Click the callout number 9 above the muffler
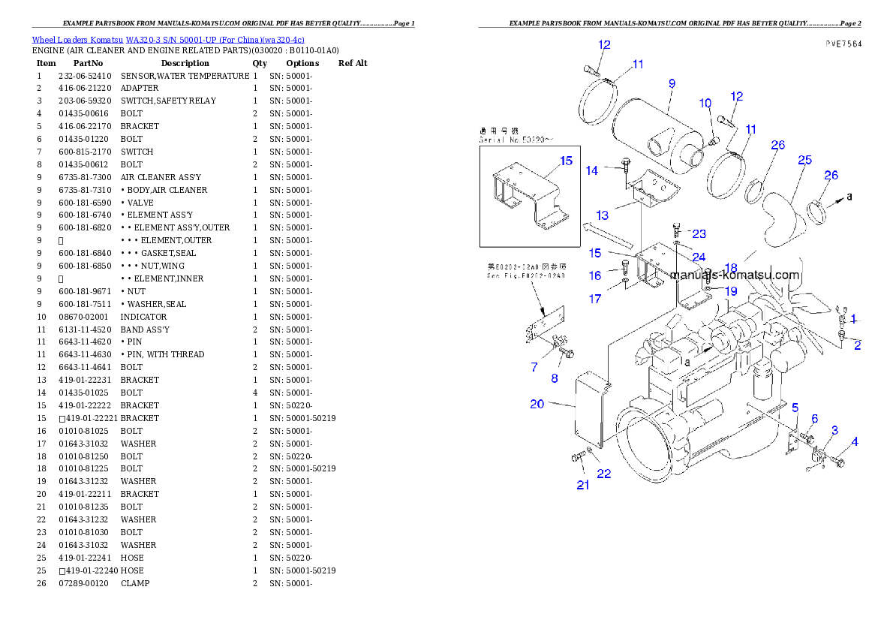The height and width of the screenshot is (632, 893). point(672,83)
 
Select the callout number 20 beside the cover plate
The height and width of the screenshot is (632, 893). point(537,404)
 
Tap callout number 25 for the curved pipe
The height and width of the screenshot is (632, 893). point(804,160)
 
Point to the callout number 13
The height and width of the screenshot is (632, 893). point(602,215)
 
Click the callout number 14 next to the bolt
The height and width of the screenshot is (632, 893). point(592,170)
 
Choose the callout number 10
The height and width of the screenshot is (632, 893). point(705,103)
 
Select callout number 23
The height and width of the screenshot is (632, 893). point(699,233)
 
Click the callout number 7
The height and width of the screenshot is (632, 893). point(534,367)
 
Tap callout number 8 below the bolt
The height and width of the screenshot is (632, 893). point(555,378)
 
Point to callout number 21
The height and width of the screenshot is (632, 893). point(582,485)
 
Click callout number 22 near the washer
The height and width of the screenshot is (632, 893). point(603,474)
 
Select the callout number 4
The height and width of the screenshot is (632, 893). point(855,442)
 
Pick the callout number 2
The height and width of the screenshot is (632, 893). point(857,345)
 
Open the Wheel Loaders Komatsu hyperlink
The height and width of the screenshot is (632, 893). point(167,39)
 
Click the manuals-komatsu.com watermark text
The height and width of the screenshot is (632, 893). point(735,275)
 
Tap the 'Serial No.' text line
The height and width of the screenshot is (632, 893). point(516,140)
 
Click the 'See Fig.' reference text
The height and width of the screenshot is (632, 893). point(525,275)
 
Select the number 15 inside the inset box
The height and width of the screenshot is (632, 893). point(566,161)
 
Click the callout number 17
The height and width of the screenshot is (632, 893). point(594,299)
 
